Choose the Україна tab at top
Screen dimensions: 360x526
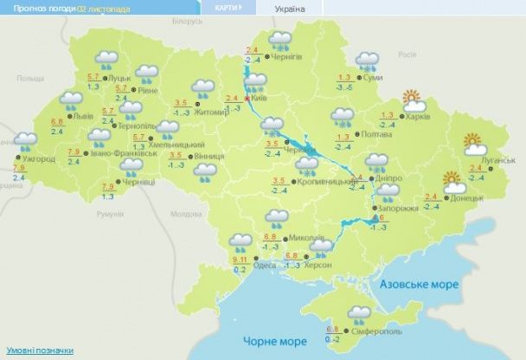pos(289,8)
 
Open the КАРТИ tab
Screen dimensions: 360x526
pos(225,7)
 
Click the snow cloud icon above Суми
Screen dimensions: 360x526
pos(369,61)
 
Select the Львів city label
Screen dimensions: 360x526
pos(85,115)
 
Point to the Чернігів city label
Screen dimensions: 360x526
pos(288,56)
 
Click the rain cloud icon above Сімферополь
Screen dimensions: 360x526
pos(357,313)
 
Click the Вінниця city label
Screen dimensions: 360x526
pos(209,157)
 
